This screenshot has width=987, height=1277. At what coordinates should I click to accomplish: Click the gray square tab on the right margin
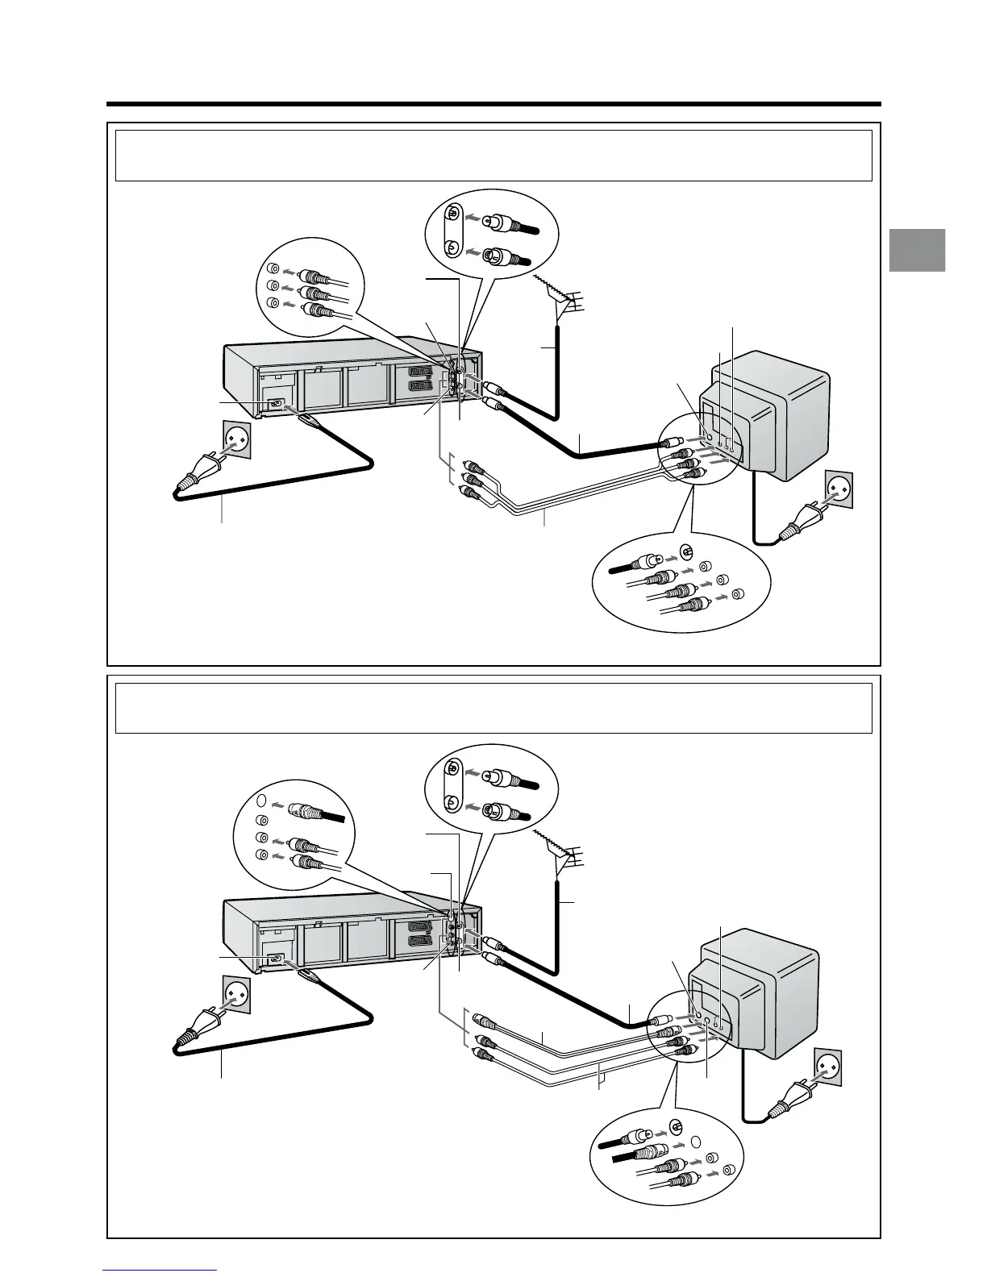click(918, 250)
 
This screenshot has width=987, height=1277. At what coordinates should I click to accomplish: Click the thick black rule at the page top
click(493, 104)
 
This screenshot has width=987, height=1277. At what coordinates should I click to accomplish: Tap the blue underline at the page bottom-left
click(160, 1271)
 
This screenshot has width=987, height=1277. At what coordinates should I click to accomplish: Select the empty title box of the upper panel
click(493, 156)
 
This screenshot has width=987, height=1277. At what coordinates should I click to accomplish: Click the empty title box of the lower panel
click(493, 708)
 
